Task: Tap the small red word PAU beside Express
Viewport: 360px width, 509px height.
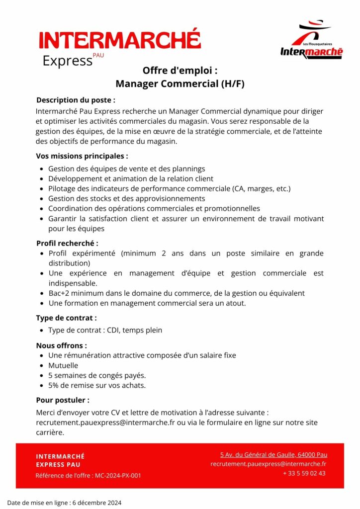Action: [x=98, y=56]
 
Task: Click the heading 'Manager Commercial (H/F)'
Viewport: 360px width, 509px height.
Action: [x=180, y=84]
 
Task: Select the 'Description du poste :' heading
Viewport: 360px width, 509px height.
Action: [x=76, y=100]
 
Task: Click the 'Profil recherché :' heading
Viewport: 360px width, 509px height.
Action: [x=67, y=243]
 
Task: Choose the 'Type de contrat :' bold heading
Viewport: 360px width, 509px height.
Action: [x=66, y=318]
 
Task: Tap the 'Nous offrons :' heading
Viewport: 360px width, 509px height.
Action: [x=62, y=345]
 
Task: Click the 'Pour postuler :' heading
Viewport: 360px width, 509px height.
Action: [x=63, y=400]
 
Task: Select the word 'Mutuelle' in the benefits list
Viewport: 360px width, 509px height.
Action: [x=63, y=365]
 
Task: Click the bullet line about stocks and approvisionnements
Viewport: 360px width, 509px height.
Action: [x=126, y=198]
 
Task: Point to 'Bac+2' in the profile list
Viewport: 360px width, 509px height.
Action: [x=59, y=293]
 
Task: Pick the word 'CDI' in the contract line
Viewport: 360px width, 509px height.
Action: [x=113, y=330]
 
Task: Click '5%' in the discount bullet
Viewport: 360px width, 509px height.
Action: [x=54, y=385]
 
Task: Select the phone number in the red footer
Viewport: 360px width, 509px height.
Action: [x=304, y=473]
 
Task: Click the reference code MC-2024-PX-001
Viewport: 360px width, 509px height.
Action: [x=118, y=476]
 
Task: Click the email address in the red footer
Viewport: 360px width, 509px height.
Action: [x=269, y=464]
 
